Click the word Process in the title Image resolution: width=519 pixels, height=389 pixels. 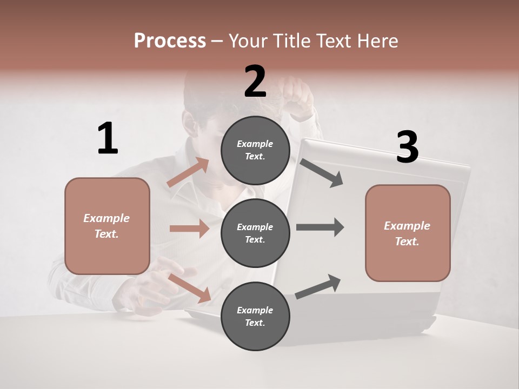pyautogui.click(x=170, y=41)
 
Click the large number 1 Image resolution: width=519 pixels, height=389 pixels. pyautogui.click(x=108, y=138)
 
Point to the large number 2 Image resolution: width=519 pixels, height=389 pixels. pyautogui.click(x=255, y=82)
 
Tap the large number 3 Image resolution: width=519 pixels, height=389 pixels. pyautogui.click(x=407, y=147)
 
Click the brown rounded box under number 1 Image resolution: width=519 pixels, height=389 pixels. pyautogui.click(x=107, y=226)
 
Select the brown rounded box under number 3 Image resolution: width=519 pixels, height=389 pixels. pyautogui.click(x=408, y=233)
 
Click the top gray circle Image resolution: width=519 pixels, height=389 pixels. pyautogui.click(x=256, y=150)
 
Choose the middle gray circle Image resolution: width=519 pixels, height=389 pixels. pyautogui.click(x=256, y=233)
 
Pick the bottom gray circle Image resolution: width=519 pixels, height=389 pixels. pyautogui.click(x=256, y=316)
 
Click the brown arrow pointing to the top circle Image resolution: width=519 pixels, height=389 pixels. pyautogui.click(x=188, y=173)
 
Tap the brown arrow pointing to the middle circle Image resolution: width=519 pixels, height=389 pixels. pyautogui.click(x=189, y=229)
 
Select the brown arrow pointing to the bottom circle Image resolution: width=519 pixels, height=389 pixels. pyautogui.click(x=190, y=287)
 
